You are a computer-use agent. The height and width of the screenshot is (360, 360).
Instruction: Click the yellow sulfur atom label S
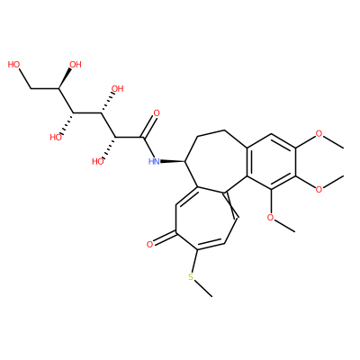(x=191, y=277)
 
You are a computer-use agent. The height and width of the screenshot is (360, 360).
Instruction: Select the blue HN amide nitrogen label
(x=154, y=162)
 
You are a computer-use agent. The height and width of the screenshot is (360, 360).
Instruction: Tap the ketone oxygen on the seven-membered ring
(x=149, y=244)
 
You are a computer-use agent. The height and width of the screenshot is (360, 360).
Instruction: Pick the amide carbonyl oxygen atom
(x=157, y=113)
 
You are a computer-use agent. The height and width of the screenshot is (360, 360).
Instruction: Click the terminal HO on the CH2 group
(x=13, y=64)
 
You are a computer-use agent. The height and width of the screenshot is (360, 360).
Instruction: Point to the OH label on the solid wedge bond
(x=76, y=64)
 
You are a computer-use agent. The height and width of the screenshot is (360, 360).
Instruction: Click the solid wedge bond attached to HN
(x=174, y=162)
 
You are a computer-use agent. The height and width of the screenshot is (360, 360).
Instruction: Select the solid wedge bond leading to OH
(x=65, y=78)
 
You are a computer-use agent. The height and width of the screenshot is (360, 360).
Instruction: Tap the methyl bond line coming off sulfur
(x=202, y=289)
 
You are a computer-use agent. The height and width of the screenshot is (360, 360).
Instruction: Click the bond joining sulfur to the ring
(x=194, y=261)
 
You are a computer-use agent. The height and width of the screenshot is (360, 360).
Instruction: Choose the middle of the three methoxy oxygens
(x=319, y=189)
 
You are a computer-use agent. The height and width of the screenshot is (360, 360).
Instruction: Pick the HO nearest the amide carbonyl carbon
(x=98, y=162)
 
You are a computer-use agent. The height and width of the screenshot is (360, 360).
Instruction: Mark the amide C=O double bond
(x=149, y=127)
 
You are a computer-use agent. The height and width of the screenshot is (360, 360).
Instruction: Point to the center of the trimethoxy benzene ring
(x=271, y=162)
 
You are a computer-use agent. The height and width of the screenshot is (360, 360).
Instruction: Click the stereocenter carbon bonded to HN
(x=186, y=162)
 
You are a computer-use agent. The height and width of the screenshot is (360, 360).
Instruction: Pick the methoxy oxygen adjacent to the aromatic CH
(x=319, y=134)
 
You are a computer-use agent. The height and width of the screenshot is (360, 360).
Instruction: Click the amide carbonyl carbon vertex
(x=143, y=138)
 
